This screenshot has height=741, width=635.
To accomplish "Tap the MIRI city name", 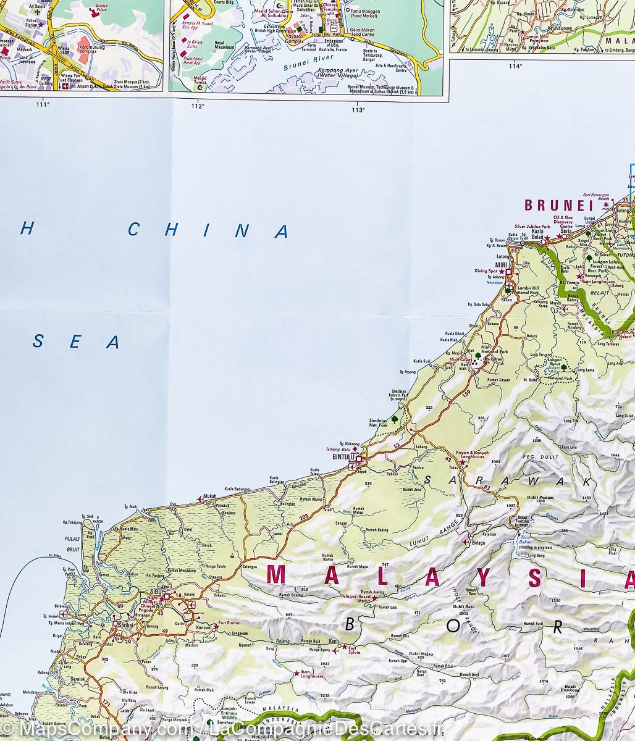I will point(500,265).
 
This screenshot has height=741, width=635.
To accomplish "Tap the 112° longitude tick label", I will point(197,106).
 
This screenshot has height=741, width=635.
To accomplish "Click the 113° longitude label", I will point(357,110).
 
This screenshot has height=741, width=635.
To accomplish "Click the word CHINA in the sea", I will point(208,230).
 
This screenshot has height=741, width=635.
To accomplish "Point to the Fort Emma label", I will point(229,622).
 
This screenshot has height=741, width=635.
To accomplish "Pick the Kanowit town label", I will point(203,627).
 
